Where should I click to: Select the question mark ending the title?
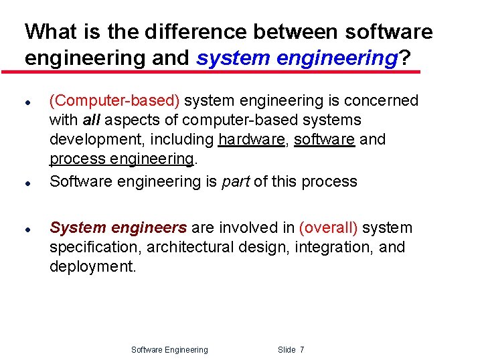tap(404, 59)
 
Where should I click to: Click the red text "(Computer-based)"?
tap(114, 101)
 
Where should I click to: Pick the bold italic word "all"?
tap(91, 120)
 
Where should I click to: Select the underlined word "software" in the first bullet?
tap(325, 140)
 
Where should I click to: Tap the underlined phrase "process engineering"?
tap(121, 159)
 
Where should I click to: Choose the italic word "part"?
tap(236, 181)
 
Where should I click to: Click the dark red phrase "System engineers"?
tap(118, 228)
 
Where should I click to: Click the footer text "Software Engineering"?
tap(169, 350)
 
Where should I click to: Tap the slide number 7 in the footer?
tap(302, 350)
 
